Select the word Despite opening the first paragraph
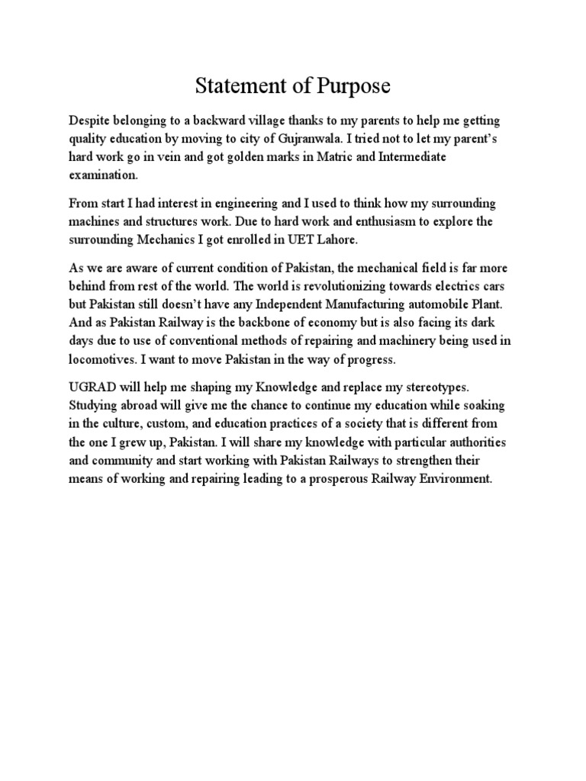[90, 122]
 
